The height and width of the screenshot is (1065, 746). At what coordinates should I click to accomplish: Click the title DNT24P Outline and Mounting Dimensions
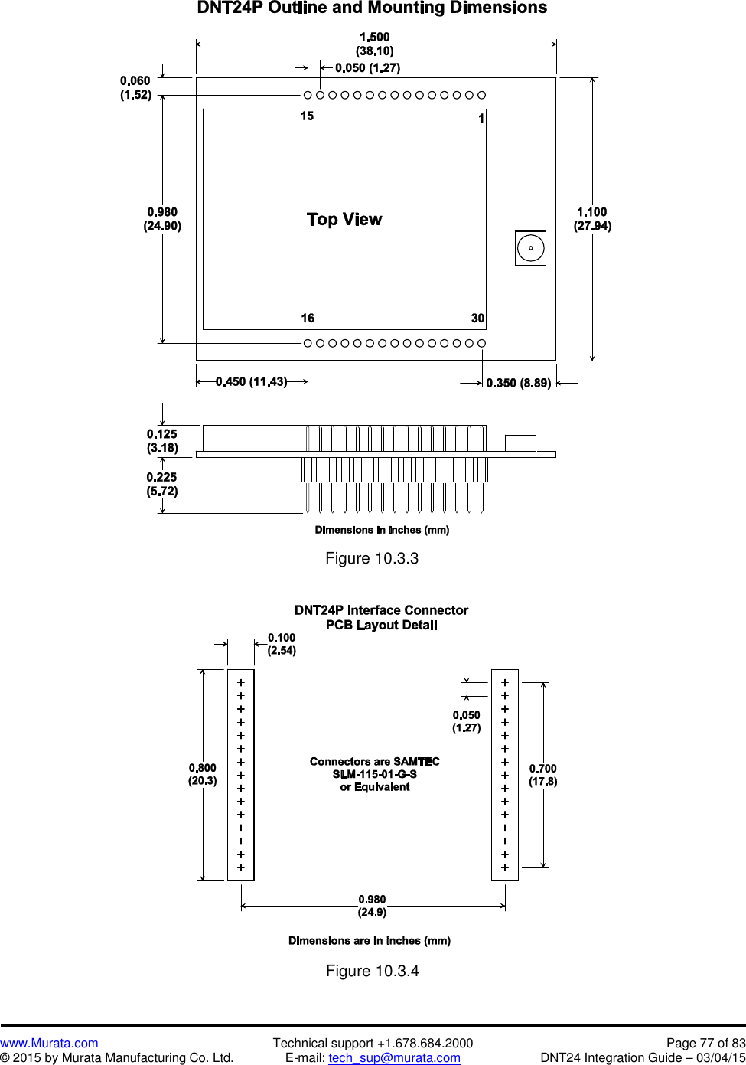(x=372, y=8)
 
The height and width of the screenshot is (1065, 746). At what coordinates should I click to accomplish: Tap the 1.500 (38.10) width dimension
(x=375, y=44)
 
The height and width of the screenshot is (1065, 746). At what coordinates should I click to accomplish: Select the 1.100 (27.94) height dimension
(x=592, y=219)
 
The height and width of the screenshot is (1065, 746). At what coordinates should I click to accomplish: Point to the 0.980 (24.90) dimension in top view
(x=162, y=219)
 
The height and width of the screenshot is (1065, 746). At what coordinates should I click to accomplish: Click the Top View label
(x=344, y=220)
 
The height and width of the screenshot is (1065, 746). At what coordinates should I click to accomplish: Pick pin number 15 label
(x=307, y=116)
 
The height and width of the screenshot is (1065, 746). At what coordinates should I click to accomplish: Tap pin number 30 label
(x=477, y=319)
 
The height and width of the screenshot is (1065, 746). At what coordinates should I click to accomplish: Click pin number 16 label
(x=308, y=319)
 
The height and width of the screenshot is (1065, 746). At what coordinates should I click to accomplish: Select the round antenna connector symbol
(x=530, y=248)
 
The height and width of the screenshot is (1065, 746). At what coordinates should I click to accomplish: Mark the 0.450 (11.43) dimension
(x=251, y=382)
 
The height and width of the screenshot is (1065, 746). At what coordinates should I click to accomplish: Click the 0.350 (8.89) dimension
(x=518, y=383)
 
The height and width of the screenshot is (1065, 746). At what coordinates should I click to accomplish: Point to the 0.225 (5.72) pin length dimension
(x=162, y=484)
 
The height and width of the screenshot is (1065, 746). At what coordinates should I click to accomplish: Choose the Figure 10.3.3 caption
(x=372, y=558)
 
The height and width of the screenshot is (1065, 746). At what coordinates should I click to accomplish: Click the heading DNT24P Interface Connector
(x=381, y=610)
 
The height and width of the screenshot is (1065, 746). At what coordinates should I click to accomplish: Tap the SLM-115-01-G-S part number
(x=375, y=774)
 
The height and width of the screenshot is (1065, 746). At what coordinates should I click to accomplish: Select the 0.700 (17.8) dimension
(x=543, y=775)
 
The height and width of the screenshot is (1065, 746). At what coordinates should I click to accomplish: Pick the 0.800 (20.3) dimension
(x=203, y=774)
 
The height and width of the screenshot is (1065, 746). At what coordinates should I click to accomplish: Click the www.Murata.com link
(x=49, y=1043)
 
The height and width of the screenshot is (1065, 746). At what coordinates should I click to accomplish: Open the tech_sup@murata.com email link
(x=394, y=1057)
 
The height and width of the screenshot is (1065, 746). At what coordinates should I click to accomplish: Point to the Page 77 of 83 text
(x=705, y=1043)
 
